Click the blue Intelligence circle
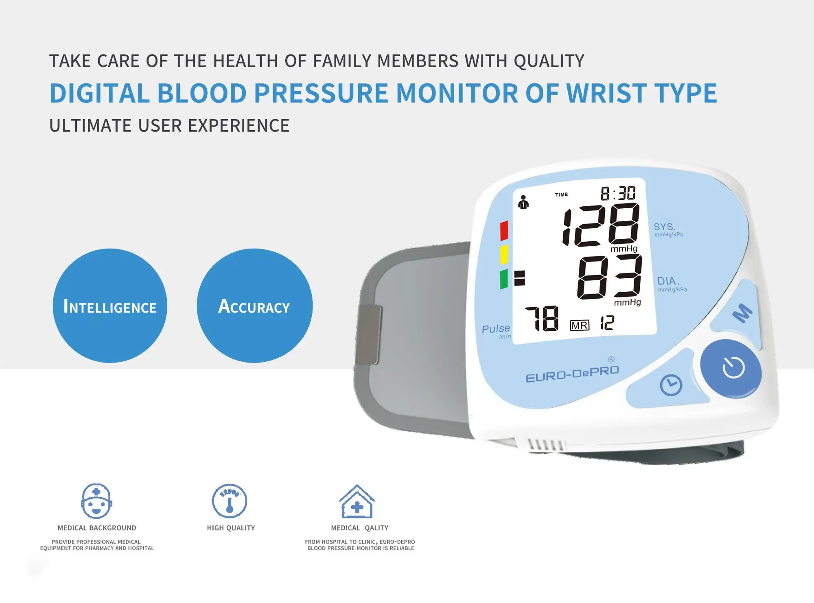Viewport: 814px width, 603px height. pos(110,306)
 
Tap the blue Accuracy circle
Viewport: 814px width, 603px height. pos(254,306)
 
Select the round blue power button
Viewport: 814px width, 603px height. pos(731,368)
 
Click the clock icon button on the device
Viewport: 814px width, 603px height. pos(671,385)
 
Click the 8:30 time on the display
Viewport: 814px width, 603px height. pos(618,193)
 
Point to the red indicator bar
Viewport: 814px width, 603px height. pos(504,230)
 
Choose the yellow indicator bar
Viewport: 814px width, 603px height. pos(504,255)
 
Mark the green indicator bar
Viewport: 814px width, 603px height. pos(504,279)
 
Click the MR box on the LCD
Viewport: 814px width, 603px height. pos(579,325)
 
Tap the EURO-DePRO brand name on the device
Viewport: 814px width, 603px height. pos(572,374)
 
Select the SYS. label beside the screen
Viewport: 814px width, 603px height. pos(664,227)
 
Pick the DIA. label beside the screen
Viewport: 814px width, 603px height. pos(668,281)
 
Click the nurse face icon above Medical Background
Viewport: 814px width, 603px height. pos(96,501)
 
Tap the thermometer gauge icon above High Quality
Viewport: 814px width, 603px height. pos(230,501)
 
